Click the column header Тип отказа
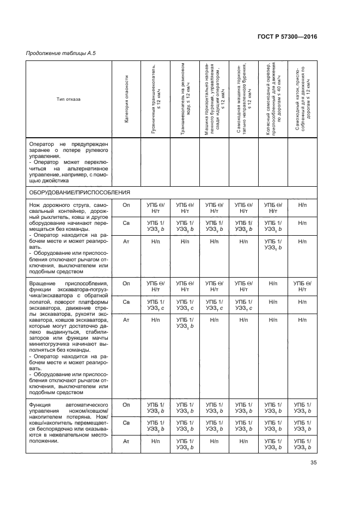coord(69,99)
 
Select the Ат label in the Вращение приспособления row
coord(126,320)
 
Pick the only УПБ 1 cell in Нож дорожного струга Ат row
coord(273,244)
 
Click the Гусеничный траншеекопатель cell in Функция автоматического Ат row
coord(156,441)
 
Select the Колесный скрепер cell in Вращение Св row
coord(273,302)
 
